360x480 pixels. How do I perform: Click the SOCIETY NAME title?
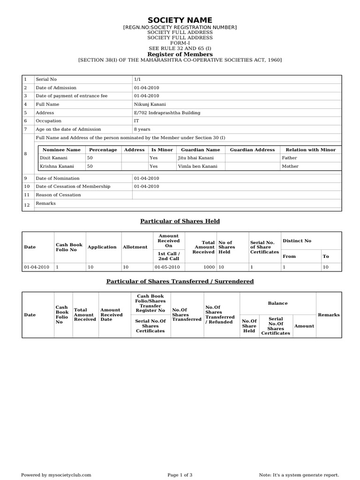pyautogui.click(x=180, y=20)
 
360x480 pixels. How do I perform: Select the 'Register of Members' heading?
pyautogui.click(x=180, y=54)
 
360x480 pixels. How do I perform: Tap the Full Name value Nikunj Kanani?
pyautogui.click(x=150, y=105)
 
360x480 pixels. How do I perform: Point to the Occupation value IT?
pyautogui.click(x=136, y=121)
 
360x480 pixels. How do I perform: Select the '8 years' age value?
pyautogui.click(x=142, y=129)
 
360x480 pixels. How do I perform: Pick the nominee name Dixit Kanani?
pyautogui.click(x=54, y=158)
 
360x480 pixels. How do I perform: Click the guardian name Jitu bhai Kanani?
pyautogui.click(x=195, y=158)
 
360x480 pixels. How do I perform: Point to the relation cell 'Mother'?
pyautogui.click(x=290, y=166)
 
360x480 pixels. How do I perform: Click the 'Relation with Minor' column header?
pyautogui.click(x=310, y=150)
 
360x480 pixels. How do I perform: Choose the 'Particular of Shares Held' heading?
pyautogui.click(x=180, y=221)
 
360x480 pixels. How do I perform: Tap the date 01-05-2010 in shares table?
pyautogui.click(x=167, y=267)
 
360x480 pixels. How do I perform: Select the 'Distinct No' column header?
pyautogui.click(x=297, y=241)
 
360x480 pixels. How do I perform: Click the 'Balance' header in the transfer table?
pyautogui.click(x=277, y=303)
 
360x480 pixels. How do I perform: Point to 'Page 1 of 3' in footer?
pyautogui.click(x=180, y=475)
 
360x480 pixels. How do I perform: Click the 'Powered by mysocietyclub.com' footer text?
pyautogui.click(x=56, y=475)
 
